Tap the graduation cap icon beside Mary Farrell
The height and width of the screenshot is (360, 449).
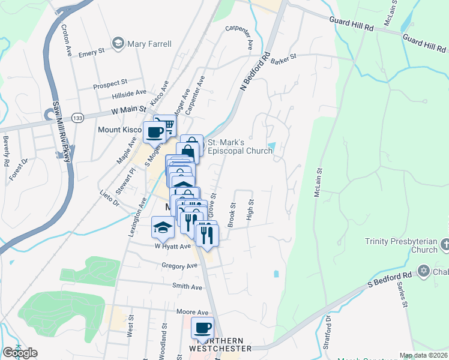point(118,43)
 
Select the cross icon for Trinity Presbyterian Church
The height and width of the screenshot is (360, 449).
point(444,244)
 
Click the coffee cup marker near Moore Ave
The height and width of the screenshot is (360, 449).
point(202,328)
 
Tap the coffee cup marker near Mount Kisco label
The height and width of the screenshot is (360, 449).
point(154,131)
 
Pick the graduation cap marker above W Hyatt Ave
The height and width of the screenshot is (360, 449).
point(162,227)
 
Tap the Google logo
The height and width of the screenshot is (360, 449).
point(20,353)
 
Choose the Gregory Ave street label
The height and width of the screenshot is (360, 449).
point(179,265)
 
